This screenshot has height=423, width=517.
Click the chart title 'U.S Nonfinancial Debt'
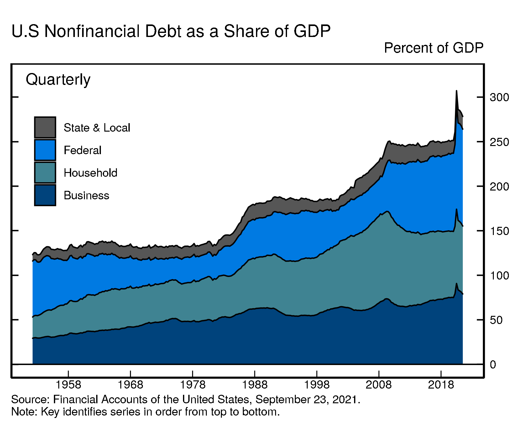(x=171, y=31)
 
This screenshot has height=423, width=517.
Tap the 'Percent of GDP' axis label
(x=434, y=48)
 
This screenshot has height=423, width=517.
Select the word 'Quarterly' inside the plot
(x=58, y=80)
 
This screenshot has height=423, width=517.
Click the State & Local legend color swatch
(x=45, y=128)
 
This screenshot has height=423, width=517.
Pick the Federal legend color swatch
(x=45, y=150)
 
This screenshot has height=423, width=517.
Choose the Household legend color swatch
(x=45, y=173)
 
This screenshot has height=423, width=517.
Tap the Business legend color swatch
(x=45, y=195)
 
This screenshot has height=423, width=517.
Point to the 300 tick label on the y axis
(x=499, y=97)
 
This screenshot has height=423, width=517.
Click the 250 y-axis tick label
(x=499, y=142)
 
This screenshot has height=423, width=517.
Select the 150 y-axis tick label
(x=499, y=231)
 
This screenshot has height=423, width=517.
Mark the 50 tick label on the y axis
(x=496, y=320)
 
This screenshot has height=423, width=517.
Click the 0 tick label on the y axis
(x=493, y=364)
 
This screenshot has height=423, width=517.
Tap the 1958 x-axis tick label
(x=68, y=384)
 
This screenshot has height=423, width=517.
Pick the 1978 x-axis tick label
(x=192, y=384)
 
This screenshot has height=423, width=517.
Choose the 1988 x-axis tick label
(x=254, y=384)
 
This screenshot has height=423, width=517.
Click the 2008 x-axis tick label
(x=379, y=384)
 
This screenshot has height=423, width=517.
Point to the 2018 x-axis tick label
(x=441, y=384)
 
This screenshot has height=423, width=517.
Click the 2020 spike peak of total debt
(x=456, y=91)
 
